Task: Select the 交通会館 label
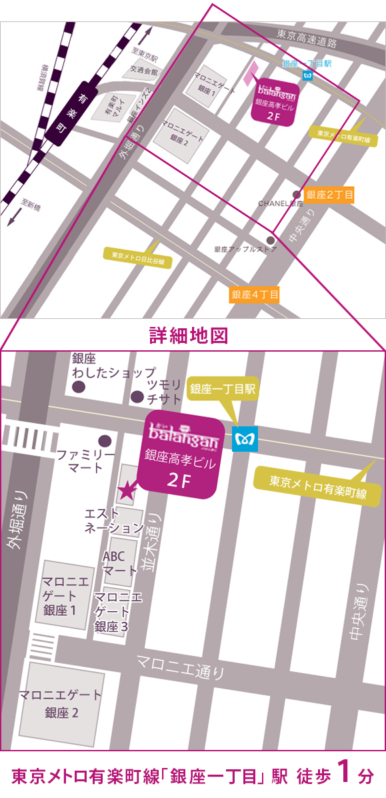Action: (144, 70)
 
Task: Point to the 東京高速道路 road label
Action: (306, 40)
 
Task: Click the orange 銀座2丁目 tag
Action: (329, 195)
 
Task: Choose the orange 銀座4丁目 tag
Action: (255, 294)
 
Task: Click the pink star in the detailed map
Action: (126, 491)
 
